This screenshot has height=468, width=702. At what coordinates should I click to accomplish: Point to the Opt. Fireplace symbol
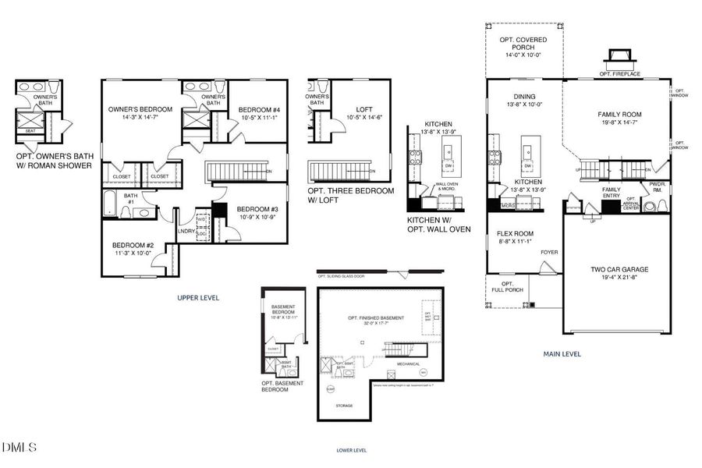click(x=619, y=56)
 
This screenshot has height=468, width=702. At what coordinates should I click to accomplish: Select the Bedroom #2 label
click(x=133, y=249)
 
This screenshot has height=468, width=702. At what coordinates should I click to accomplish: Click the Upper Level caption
click(x=198, y=298)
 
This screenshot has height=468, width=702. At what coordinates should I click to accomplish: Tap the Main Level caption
click(x=562, y=353)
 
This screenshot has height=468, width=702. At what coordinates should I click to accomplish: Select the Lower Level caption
click(x=352, y=450)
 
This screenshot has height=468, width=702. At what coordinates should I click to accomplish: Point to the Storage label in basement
click(x=344, y=406)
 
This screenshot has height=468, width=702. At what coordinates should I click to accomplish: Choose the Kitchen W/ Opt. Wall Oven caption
click(x=438, y=225)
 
